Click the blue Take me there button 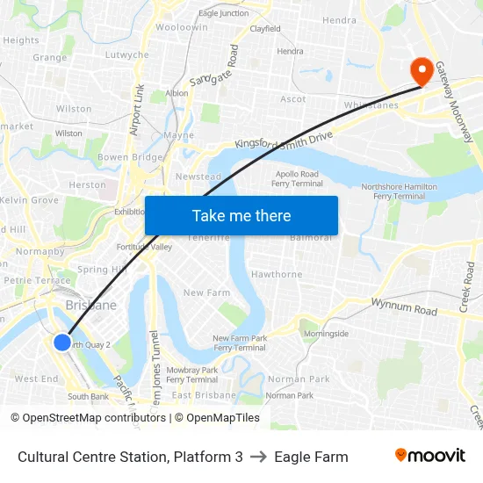click(x=241, y=215)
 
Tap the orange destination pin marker click(x=421, y=70)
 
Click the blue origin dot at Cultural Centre click(x=62, y=342)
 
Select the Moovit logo click(x=429, y=456)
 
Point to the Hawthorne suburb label click(x=277, y=274)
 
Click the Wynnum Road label click(x=403, y=309)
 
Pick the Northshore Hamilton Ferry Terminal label click(x=400, y=191)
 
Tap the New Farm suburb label click(x=206, y=292)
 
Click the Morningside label click(x=326, y=334)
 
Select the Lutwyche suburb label click(x=126, y=54)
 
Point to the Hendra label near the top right click(x=340, y=20)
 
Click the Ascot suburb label click(x=293, y=99)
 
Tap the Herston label click(x=87, y=184)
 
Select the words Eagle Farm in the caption click(x=311, y=457)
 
